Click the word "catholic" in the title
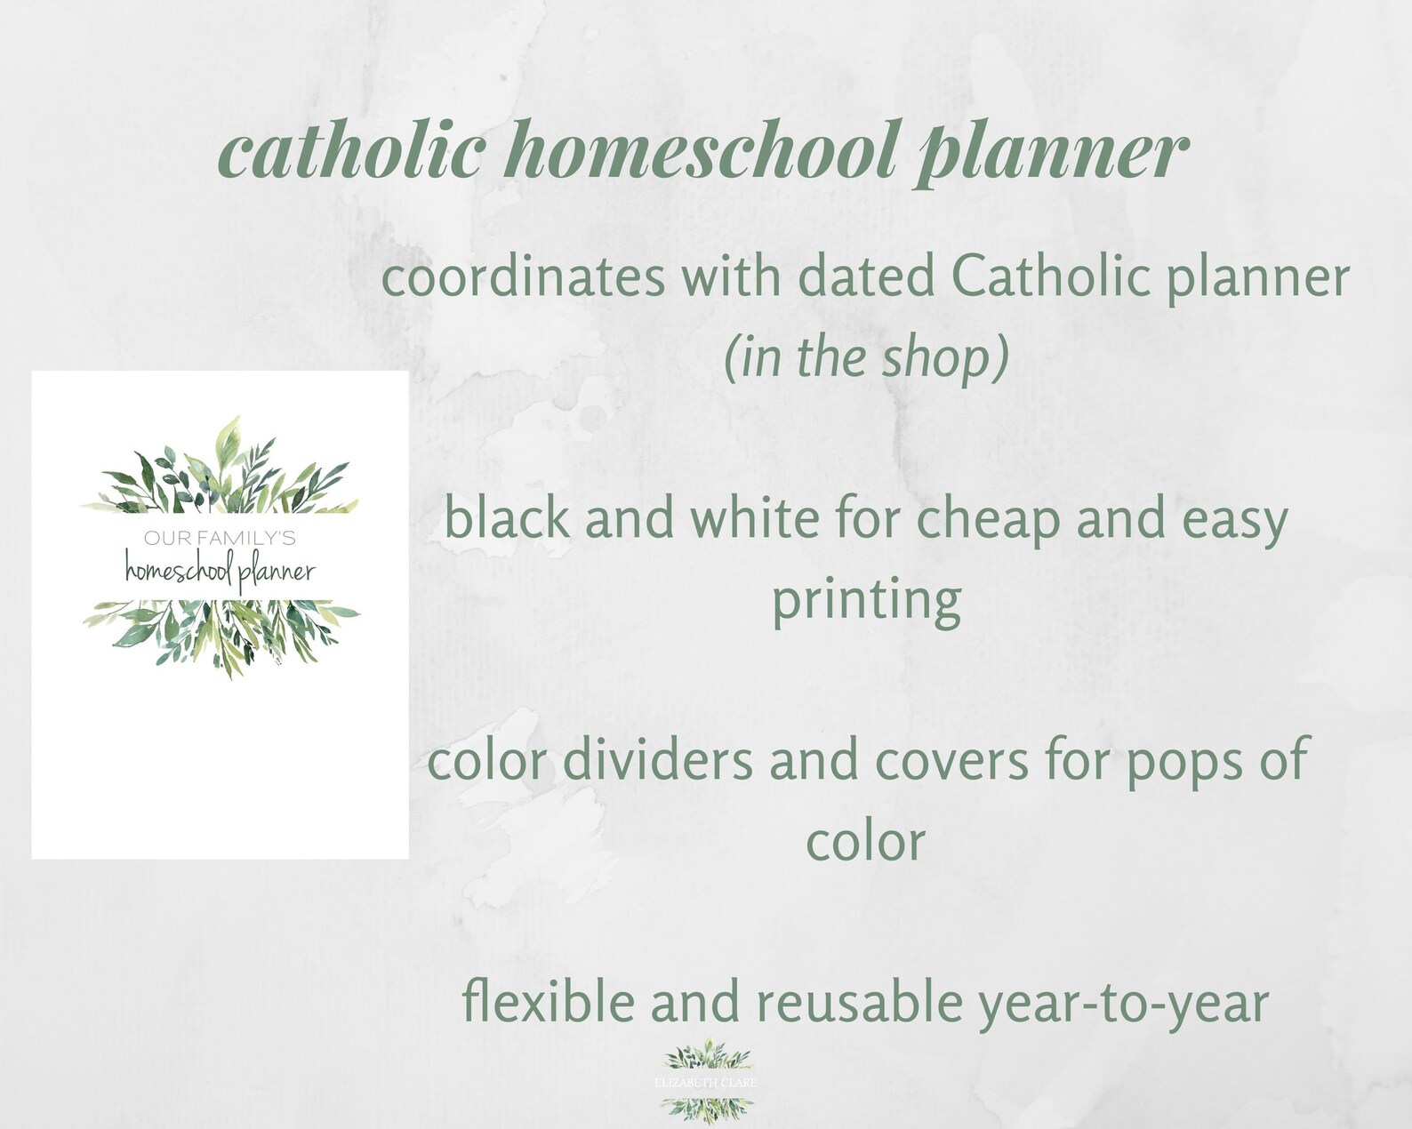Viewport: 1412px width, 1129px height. point(351,153)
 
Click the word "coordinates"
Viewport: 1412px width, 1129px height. point(524,278)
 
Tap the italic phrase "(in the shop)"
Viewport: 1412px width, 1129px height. point(866,357)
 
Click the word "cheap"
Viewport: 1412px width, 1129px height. point(988,520)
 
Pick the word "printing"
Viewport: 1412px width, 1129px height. point(866,601)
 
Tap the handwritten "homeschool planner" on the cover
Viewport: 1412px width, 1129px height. point(220,570)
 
